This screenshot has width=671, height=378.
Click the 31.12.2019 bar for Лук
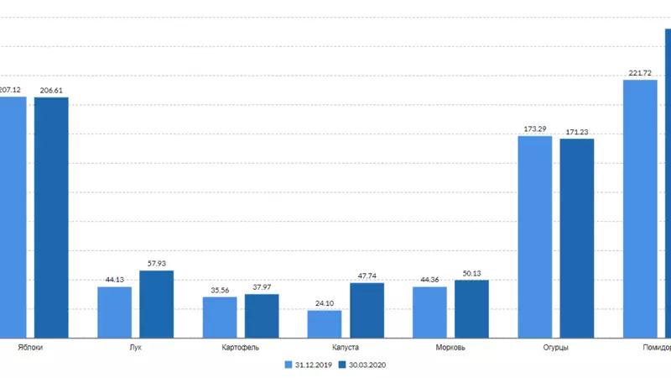click(x=114, y=312)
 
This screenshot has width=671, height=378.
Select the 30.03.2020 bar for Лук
click(x=156, y=304)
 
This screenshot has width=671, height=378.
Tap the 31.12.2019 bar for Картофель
click(x=220, y=317)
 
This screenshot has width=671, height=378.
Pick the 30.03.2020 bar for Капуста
click(x=367, y=310)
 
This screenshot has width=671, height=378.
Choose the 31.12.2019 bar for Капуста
click(x=325, y=323)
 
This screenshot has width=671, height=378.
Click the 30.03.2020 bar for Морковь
click(x=471, y=308)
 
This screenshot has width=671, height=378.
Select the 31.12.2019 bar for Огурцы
click(x=535, y=236)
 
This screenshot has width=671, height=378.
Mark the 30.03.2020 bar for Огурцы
click(x=577, y=238)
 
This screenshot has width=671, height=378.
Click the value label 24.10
click(x=325, y=303)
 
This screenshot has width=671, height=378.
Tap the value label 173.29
click(x=535, y=129)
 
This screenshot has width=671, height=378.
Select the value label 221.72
click(x=639, y=73)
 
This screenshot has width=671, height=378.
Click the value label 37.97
click(x=262, y=287)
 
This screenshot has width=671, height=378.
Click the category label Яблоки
click(x=30, y=347)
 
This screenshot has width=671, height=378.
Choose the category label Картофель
click(x=241, y=347)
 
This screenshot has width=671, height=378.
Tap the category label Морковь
click(x=450, y=347)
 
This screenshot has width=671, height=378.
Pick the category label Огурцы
click(x=555, y=347)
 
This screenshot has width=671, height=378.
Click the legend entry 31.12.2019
click(x=310, y=365)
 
